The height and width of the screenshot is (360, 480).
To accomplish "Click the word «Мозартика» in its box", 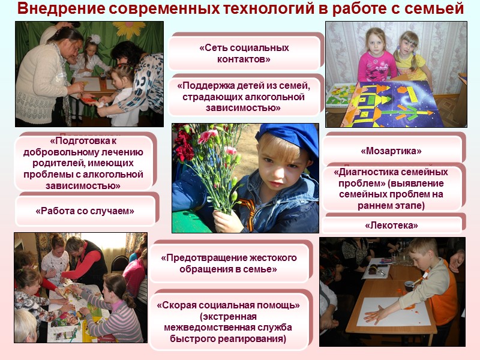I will [x=391, y=151].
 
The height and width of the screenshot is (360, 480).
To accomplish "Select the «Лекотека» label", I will [x=391, y=226].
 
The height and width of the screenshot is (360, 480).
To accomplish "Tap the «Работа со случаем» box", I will [x=85, y=211].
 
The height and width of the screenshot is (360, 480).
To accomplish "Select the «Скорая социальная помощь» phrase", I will [x=228, y=305].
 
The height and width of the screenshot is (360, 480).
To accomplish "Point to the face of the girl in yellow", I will [x=409, y=45].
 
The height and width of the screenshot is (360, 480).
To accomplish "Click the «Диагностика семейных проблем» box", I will [x=392, y=188].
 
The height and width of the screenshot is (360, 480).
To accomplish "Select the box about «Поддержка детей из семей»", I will [x=245, y=97].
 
